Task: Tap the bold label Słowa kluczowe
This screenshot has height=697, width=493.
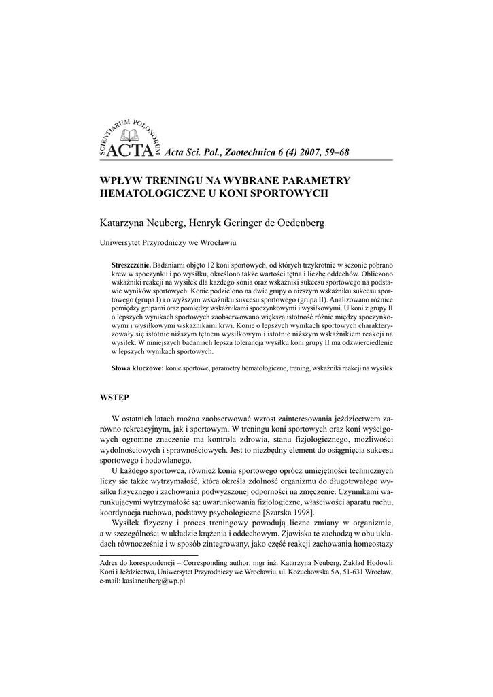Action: tap(137, 368)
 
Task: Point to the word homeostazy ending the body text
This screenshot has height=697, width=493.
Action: tap(366, 547)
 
